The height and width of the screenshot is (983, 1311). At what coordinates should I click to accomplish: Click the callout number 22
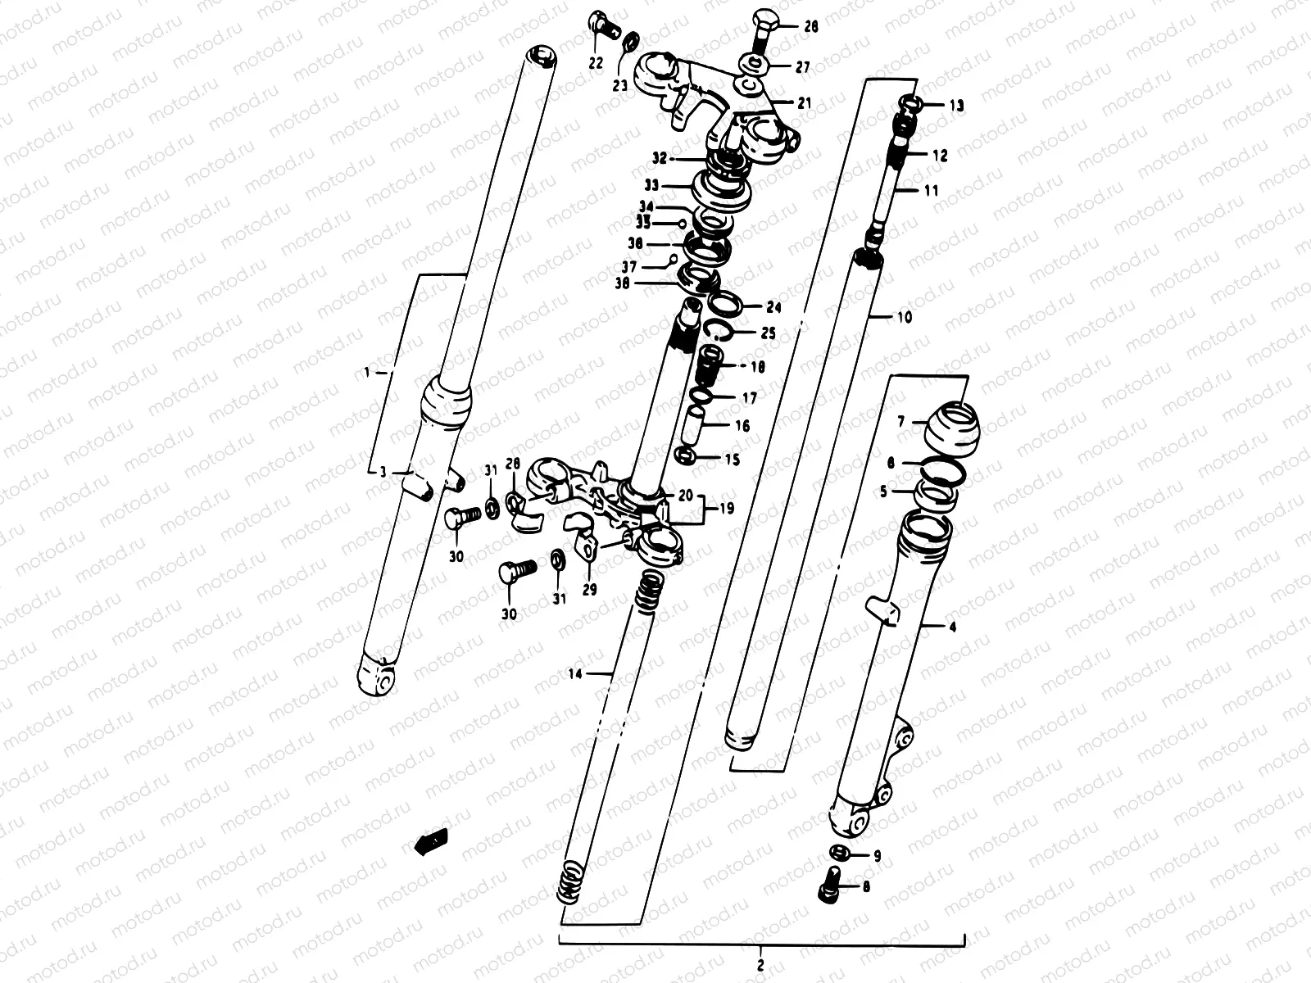(x=596, y=63)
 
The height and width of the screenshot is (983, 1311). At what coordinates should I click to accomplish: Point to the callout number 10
(x=904, y=316)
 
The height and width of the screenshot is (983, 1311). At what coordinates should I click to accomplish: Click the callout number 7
(x=900, y=422)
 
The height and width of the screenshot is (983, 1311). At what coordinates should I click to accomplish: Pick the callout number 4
(x=951, y=628)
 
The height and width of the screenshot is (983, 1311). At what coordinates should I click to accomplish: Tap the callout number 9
(x=877, y=856)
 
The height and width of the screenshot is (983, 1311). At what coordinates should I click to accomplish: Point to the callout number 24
(x=773, y=308)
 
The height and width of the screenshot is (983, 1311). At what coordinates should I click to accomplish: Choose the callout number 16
(x=742, y=426)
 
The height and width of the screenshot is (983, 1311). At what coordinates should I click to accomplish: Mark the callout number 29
(x=589, y=589)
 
